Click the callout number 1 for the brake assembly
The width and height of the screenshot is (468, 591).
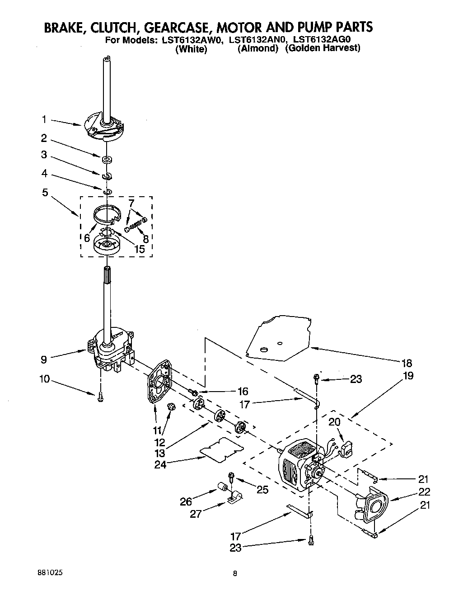click(44, 119)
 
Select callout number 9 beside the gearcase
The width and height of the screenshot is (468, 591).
click(44, 360)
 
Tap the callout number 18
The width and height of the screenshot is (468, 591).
click(407, 363)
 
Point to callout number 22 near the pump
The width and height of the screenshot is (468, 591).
click(424, 492)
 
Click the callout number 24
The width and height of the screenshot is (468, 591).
click(160, 464)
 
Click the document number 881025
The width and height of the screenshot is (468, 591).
click(49, 572)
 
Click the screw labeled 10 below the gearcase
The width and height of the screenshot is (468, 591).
click(99, 397)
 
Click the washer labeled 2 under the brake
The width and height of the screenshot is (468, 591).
click(107, 159)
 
